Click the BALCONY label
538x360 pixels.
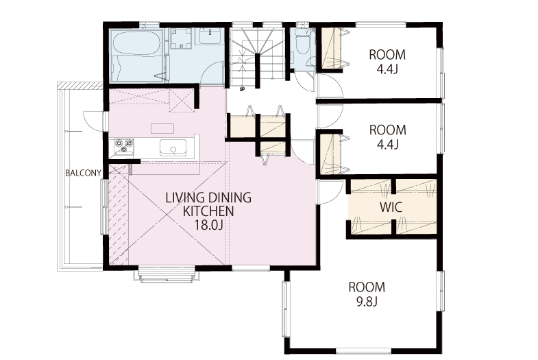(84, 173)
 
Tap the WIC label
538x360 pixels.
(391, 207)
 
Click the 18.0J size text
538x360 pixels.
(208, 225)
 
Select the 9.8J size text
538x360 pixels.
(367, 302)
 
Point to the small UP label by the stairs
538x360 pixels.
(242, 90)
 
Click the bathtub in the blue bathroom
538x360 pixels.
(137, 56)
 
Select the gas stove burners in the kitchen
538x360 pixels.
(124, 146)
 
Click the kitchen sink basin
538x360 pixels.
(173, 147)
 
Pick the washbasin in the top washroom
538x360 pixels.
(208, 36)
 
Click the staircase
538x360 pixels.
(257, 56)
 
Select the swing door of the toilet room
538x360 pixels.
(306, 82)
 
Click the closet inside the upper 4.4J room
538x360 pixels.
(331, 49)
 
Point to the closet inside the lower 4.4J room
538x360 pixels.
(331, 155)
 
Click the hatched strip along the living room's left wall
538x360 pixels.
(119, 214)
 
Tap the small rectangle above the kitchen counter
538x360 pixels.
(162, 128)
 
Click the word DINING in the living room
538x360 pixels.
(230, 197)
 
